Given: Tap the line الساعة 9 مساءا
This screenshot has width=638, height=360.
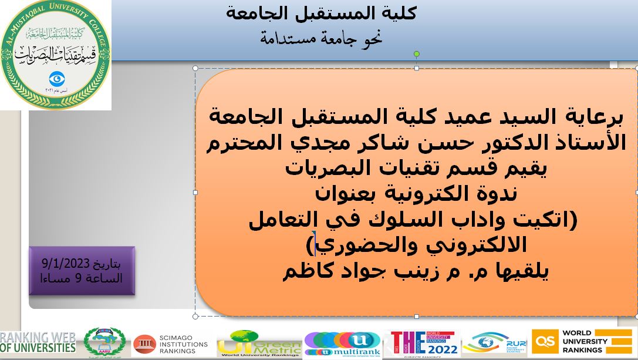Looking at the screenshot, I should pyautogui.click(x=82, y=278).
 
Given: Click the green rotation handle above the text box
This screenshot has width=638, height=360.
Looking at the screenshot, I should pyautogui.click(x=417, y=54).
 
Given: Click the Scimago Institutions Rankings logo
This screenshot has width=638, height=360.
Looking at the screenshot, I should pyautogui.click(x=170, y=344).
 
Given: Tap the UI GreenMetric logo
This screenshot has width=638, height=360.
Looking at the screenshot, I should pyautogui.click(x=259, y=344).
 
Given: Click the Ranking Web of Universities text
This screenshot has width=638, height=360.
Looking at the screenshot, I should pyautogui.click(x=38, y=342).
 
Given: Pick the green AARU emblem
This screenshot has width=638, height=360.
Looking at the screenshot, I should pyautogui.click(x=104, y=342).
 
